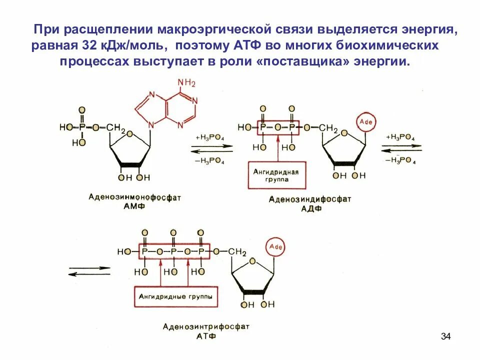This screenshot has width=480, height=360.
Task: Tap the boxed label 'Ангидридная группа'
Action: pyautogui.click(x=275, y=175)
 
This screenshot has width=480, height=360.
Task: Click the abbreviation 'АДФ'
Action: pyautogui.click(x=311, y=208)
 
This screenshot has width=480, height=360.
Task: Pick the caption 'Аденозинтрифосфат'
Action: pyautogui.click(x=205, y=326)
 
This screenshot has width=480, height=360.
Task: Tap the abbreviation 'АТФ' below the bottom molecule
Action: pyautogui.click(x=205, y=336)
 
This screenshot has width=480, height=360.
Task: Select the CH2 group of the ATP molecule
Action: pyautogui.click(x=238, y=251)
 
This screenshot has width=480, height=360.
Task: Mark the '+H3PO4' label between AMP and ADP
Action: pyautogui.click(x=210, y=137)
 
